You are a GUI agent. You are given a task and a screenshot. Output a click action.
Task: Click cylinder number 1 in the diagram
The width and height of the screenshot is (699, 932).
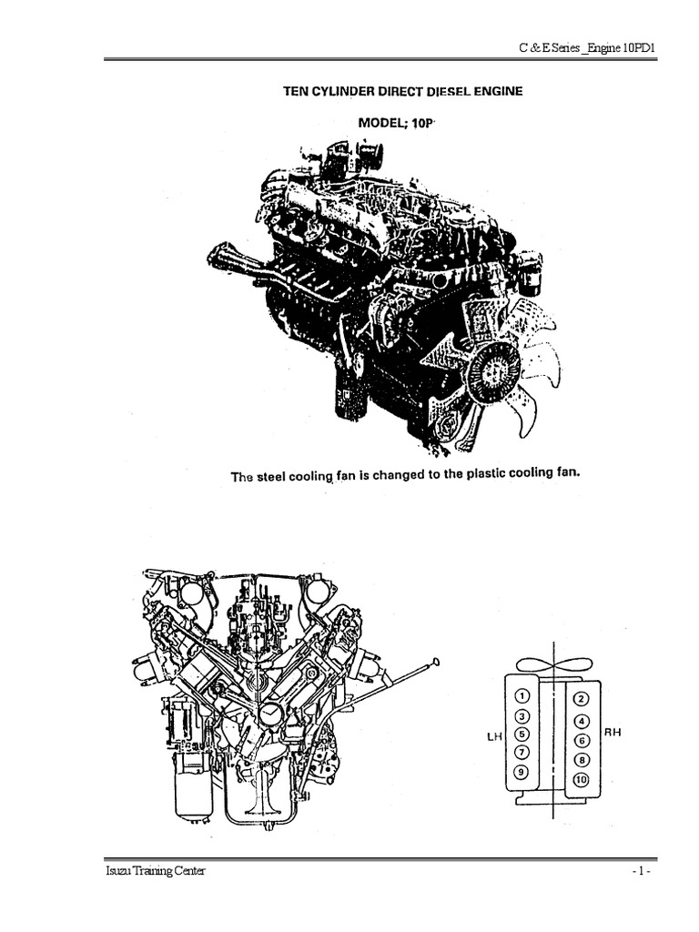click(x=522, y=696)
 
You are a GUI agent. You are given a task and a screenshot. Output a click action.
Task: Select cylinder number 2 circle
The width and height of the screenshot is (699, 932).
click(x=582, y=699)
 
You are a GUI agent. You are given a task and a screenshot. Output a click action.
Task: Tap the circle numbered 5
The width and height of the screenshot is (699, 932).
click(x=522, y=734)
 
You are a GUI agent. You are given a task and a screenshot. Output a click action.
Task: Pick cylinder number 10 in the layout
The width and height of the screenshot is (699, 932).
click(x=582, y=778)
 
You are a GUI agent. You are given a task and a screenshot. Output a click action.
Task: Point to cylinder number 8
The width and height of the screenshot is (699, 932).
click(x=582, y=758)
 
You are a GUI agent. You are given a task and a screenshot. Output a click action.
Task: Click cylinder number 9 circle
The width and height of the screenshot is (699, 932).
click(x=522, y=772)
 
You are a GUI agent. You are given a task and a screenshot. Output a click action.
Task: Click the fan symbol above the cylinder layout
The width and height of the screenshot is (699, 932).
click(x=552, y=665)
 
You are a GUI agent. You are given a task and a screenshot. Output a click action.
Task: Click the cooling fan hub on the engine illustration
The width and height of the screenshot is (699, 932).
click(x=498, y=370)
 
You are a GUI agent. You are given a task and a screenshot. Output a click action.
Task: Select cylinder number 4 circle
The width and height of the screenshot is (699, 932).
click(x=582, y=720)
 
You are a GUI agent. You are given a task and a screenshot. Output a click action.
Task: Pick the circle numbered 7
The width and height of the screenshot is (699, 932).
click(x=522, y=753)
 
